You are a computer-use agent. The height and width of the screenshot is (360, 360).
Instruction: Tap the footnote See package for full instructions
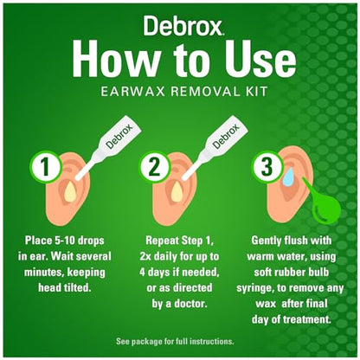(180, 340)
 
